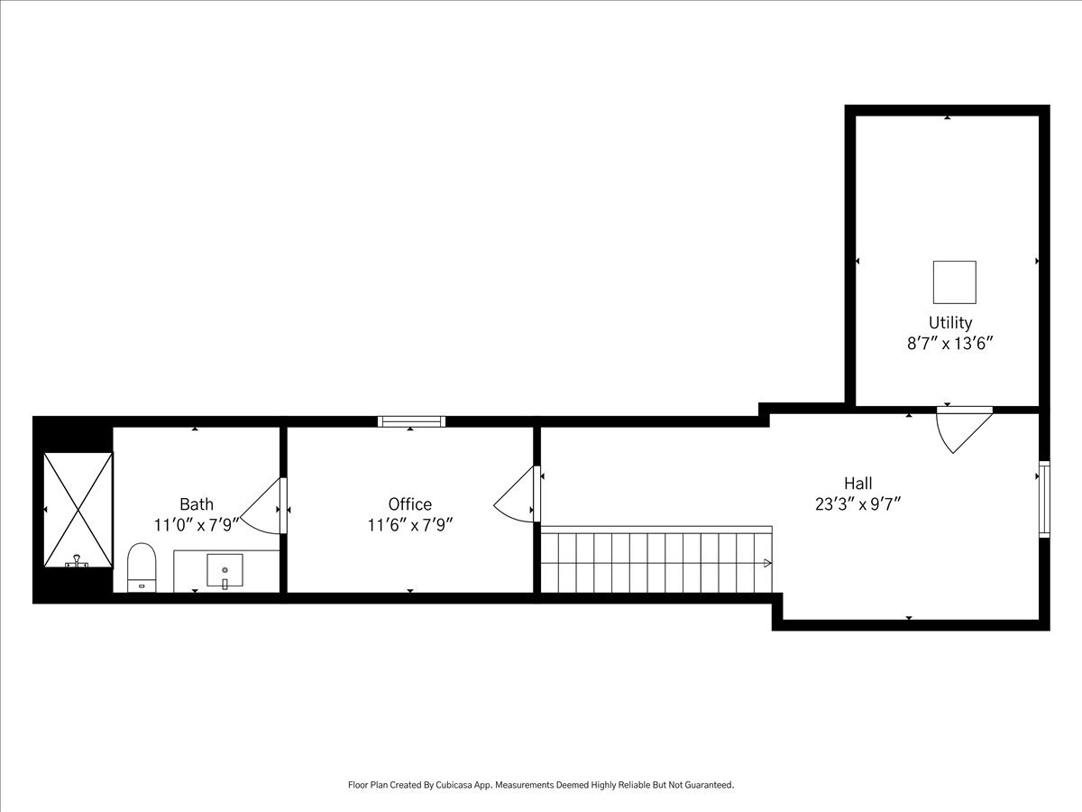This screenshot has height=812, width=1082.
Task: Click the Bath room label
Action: [197, 503]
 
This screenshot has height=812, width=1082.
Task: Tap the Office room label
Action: [409, 503]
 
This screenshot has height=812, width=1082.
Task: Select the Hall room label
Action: [858, 483]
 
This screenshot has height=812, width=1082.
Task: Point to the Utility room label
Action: [949, 322]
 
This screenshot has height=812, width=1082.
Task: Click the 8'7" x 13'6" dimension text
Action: [949, 343]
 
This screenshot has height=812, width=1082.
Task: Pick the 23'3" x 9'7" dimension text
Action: [858, 504]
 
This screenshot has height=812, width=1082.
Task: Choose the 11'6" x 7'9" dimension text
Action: [409, 525]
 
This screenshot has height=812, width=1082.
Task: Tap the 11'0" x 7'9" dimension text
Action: [197, 525]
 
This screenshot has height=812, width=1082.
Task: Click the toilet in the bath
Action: [142, 567]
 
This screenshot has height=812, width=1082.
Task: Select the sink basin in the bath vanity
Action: [225, 570]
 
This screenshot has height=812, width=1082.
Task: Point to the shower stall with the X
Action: [78, 510]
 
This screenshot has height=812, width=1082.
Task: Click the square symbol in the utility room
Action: [954, 282]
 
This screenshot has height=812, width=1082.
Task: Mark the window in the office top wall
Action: [411, 421]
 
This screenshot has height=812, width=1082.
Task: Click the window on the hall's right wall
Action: [1044, 499]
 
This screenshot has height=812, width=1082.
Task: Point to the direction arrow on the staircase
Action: [767, 563]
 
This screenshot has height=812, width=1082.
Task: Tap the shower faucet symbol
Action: [77, 561]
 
